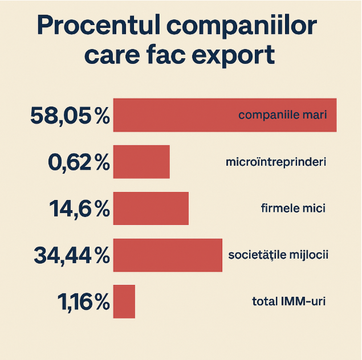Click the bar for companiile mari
tap(171, 115)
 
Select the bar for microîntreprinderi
tap(141, 162)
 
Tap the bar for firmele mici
tap(151, 208)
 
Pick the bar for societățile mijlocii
tap(168, 255)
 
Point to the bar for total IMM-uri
tap(124, 301)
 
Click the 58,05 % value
tap(70, 116)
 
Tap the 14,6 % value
tap(79, 209)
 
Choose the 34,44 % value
tap(71, 256)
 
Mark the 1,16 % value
tap(83, 302)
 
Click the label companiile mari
tap(282, 115)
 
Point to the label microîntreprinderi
tap(276, 162)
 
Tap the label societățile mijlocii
tap(278, 255)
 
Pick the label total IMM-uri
tap(288, 301)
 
